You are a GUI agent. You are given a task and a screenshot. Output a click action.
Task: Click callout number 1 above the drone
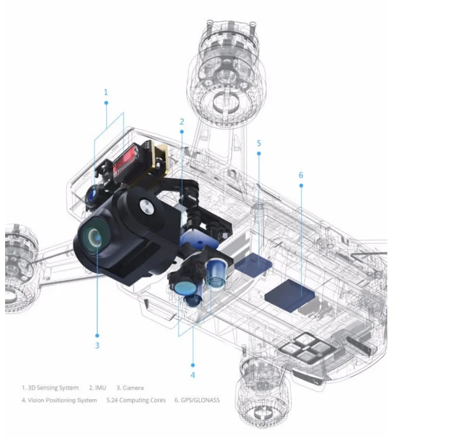click(x=106, y=92)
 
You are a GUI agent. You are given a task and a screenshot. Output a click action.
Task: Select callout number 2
click(x=182, y=121)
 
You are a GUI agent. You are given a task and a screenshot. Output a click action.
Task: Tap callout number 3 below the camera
click(x=97, y=345)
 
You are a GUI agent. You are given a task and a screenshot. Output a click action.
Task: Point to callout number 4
click(x=193, y=375)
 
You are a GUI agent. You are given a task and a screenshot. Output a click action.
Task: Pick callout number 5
click(x=259, y=144)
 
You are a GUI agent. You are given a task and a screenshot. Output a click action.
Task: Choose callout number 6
click(x=301, y=175)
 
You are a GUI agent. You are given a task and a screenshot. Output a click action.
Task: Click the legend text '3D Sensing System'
click(x=53, y=388)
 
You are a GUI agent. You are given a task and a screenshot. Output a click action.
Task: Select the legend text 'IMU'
click(x=101, y=388)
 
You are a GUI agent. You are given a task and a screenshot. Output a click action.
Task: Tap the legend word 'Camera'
click(x=133, y=388)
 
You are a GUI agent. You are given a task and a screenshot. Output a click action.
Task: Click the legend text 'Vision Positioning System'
click(x=62, y=400)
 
